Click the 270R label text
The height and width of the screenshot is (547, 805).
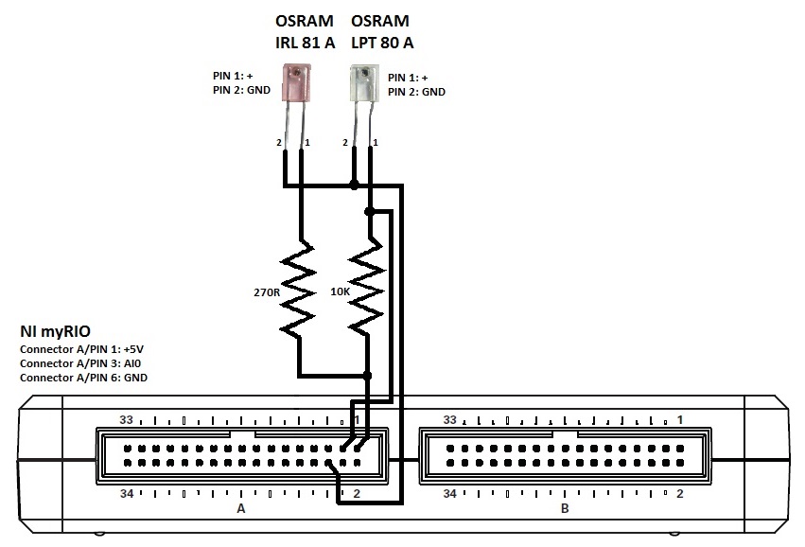click(268, 293)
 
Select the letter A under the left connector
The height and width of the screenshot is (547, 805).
click(241, 509)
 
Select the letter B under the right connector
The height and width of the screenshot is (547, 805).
click(565, 509)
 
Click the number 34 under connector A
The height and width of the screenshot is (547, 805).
click(129, 494)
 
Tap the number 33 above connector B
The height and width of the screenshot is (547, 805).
click(450, 419)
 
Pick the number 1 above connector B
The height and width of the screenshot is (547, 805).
click(679, 419)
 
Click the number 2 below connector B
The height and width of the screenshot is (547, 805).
click(679, 494)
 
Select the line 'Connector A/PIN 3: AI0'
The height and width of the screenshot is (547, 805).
click(80, 363)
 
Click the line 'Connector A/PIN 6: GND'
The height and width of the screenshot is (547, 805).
click(83, 378)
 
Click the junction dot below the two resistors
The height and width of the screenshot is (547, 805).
click(368, 376)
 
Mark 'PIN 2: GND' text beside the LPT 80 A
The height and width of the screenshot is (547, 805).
click(415, 92)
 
